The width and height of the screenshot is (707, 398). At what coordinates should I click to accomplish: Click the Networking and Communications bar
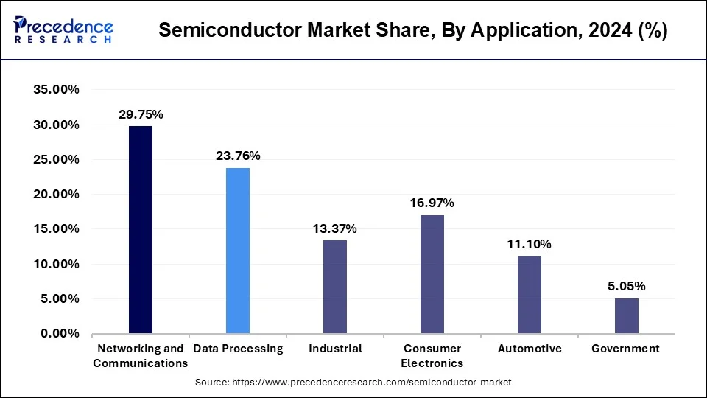(141, 230)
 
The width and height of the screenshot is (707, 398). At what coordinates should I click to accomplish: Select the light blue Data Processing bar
(238, 251)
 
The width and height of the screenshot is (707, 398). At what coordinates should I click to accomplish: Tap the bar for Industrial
(335, 287)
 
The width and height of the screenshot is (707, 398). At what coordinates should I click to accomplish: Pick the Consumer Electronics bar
(432, 274)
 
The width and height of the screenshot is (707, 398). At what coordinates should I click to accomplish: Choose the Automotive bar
(530, 295)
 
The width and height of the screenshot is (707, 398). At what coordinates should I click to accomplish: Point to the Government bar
(627, 315)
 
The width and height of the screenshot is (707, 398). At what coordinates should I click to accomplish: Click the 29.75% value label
(141, 114)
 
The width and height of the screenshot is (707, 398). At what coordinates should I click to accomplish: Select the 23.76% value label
(238, 156)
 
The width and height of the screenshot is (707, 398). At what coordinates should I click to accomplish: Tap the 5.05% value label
(627, 286)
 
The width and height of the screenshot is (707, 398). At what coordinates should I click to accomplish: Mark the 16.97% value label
(432, 203)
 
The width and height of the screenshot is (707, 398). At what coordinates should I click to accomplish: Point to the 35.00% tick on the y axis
(57, 90)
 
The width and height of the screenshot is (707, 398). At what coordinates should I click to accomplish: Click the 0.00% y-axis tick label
(60, 334)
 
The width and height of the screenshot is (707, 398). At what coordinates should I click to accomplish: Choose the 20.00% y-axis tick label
(57, 195)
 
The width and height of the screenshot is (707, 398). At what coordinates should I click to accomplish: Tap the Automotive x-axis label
(530, 349)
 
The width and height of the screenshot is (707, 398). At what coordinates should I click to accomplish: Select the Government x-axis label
(626, 349)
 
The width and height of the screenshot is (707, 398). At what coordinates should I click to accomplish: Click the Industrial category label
(335, 349)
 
